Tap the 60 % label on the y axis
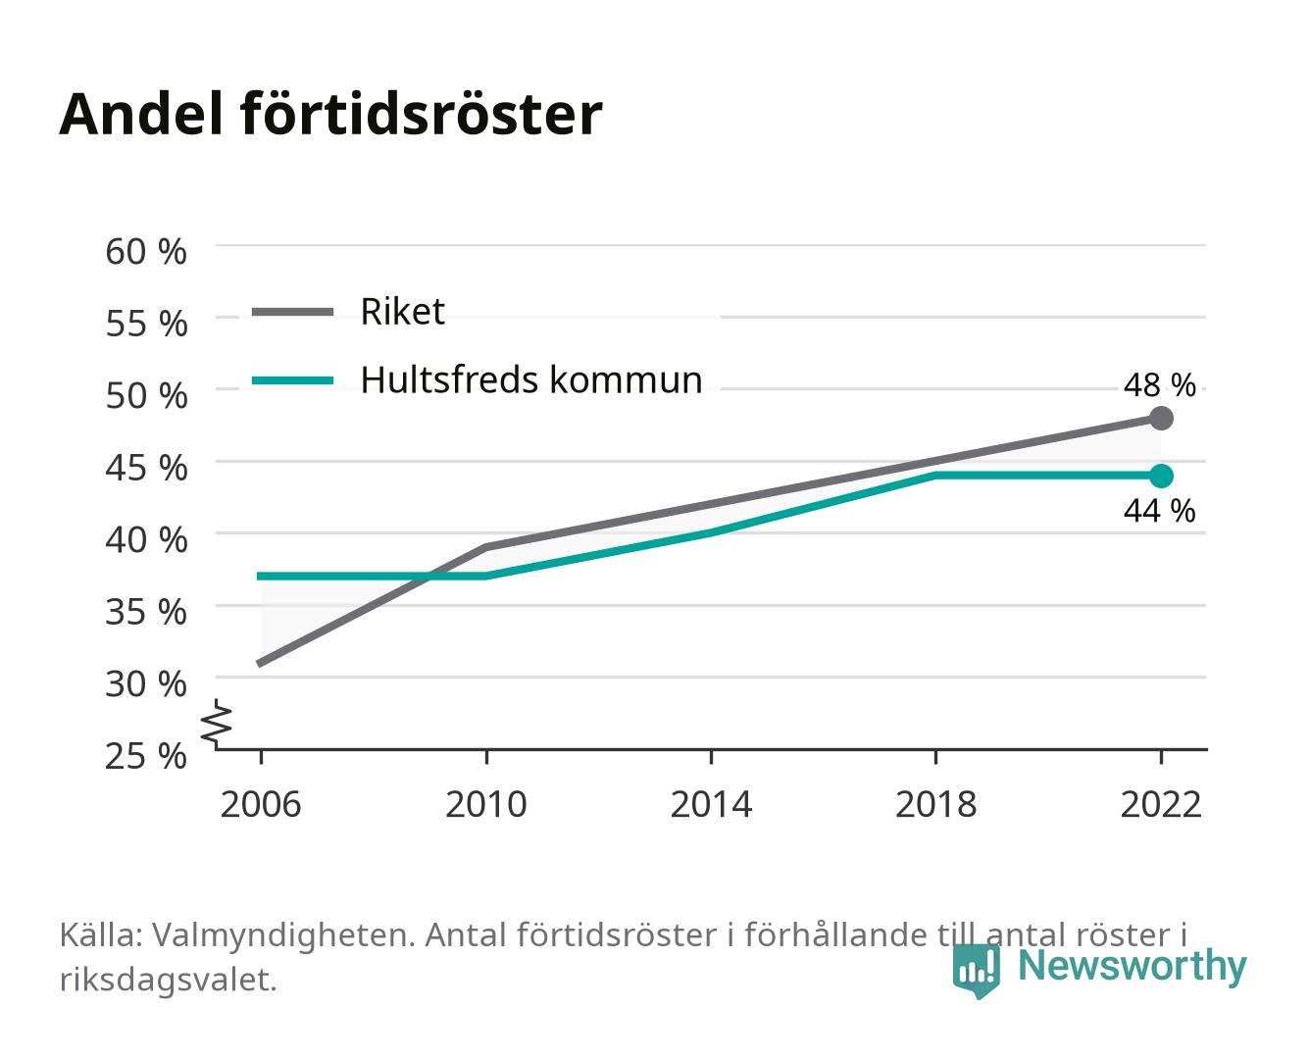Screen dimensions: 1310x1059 coord(146,252)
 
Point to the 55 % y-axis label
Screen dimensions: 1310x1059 coord(146,324)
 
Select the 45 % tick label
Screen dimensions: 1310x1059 coord(146,468)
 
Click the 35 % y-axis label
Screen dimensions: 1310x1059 coord(146,612)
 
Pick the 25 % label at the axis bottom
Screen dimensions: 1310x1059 coord(146,756)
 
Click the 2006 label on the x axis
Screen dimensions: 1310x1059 coord(261,804)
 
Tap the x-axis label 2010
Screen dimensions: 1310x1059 coord(486,804)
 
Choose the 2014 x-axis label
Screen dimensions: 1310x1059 coord(711,804)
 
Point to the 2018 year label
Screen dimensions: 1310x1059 coord(936,804)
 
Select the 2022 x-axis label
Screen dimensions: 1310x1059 coord(1161,804)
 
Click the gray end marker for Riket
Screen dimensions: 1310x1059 coord(1161,419)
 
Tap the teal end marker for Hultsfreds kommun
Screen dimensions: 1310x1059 coord(1161,476)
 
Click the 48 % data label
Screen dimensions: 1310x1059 coord(1159,385)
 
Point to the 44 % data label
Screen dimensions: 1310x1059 coord(1159,511)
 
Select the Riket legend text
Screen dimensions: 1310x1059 coord(402,311)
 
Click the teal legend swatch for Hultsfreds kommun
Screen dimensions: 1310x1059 coord(293,380)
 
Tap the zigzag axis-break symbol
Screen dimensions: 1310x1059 coord(217,724)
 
